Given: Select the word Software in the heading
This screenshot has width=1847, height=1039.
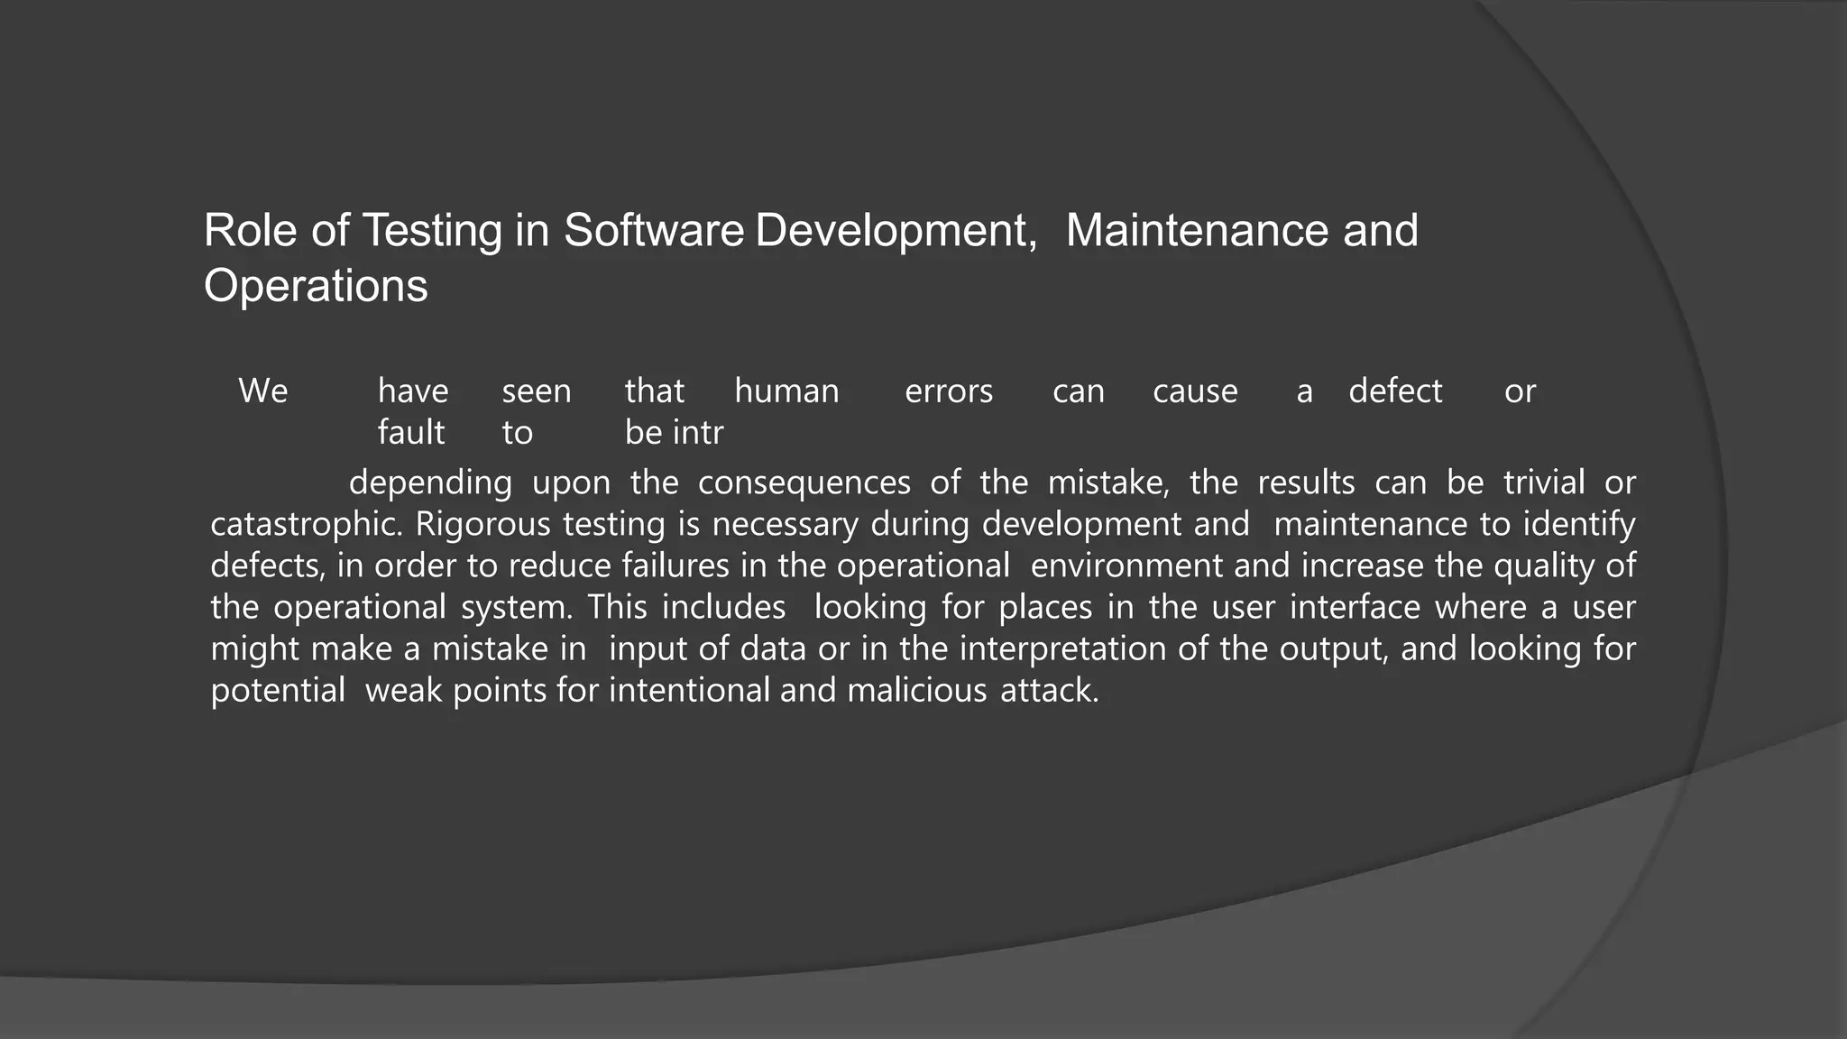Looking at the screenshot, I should pyautogui.click(x=653, y=231).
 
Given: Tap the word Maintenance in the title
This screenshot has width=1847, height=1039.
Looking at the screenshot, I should pyautogui.click(x=1197, y=231).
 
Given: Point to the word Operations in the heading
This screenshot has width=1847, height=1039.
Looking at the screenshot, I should pyautogui.click(x=316, y=287).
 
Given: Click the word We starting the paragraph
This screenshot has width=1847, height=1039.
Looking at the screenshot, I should pyautogui.click(x=262, y=391).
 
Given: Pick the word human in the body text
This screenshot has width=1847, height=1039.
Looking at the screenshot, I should pyautogui.click(x=786, y=391).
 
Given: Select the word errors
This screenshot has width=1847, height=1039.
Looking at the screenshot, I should pyautogui.click(x=949, y=391).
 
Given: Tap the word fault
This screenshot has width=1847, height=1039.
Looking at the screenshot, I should pyautogui.click(x=411, y=433).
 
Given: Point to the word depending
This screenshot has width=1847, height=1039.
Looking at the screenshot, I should pyautogui.click(x=430, y=483).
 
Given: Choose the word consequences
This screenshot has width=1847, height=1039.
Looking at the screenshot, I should pyautogui.click(x=804, y=483).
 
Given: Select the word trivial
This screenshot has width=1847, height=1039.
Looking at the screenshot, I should pyautogui.click(x=1544, y=483).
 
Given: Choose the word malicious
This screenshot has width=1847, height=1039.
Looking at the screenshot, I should pyautogui.click(x=917, y=691).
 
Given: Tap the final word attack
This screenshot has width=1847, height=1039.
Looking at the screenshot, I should pyautogui.click(x=1050, y=691).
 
